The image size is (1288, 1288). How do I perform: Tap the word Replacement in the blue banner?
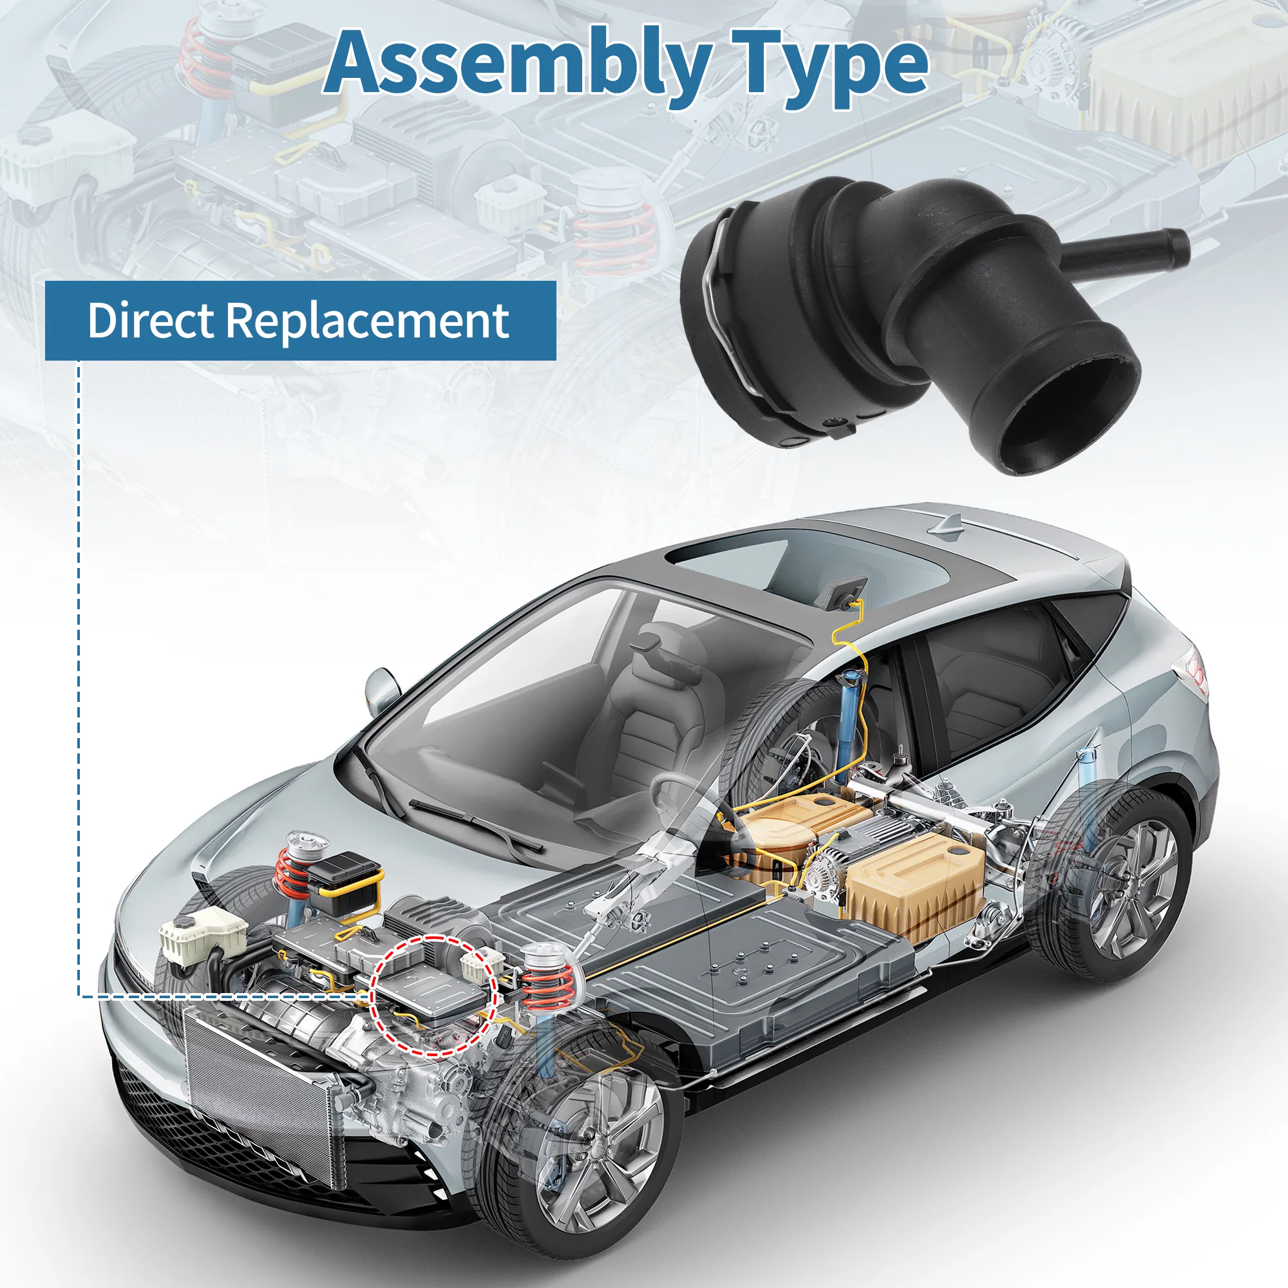tap(367, 321)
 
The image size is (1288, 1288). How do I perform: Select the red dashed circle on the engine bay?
tap(433, 996)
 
